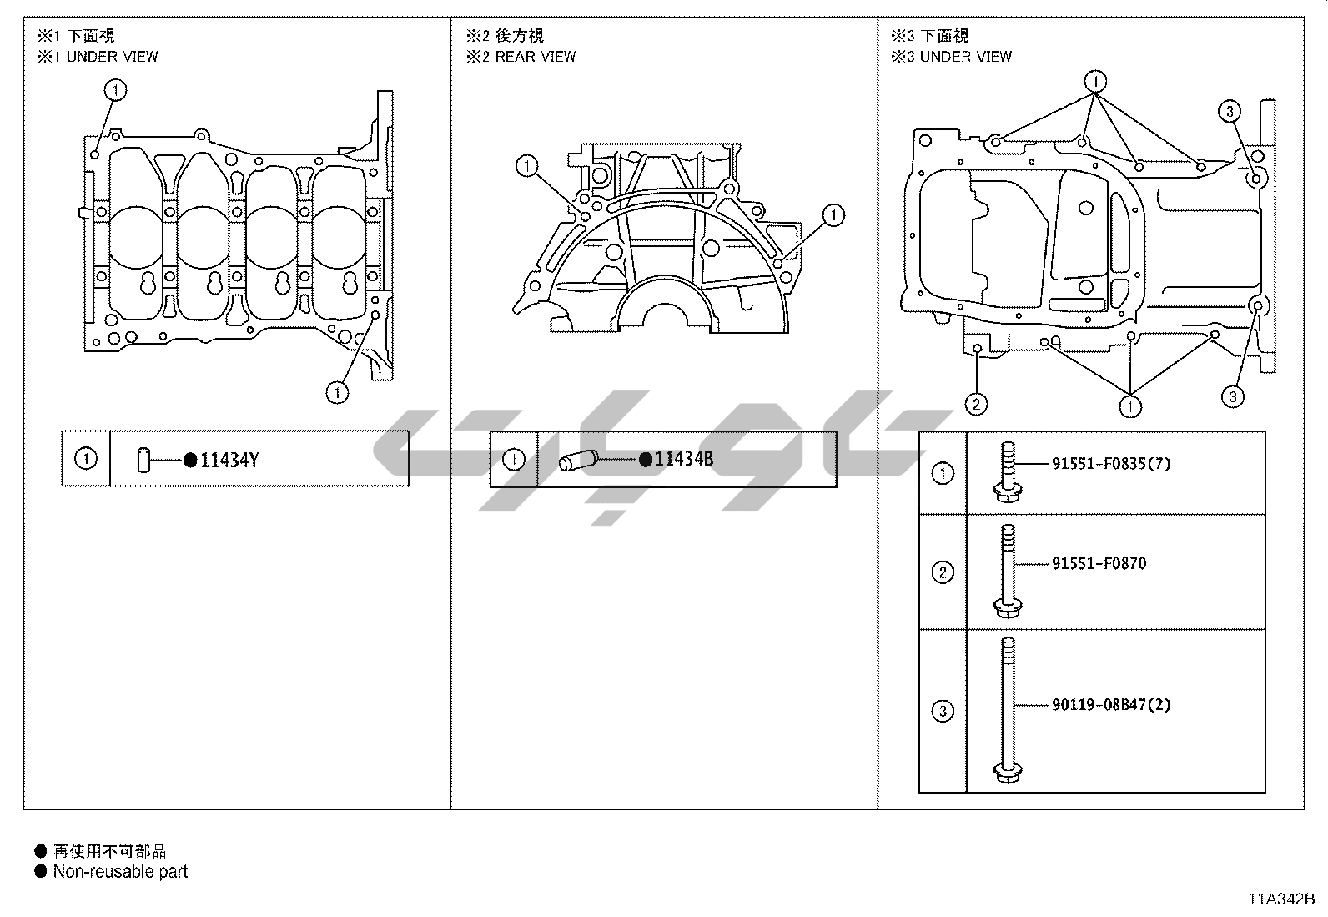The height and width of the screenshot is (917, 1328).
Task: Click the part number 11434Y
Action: (229, 461)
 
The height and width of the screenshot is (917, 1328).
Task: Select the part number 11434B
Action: (684, 459)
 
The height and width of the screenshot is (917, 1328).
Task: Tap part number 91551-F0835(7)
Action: (1112, 463)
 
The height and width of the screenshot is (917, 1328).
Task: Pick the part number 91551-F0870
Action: (1099, 563)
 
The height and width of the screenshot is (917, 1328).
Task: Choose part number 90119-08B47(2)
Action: (1112, 705)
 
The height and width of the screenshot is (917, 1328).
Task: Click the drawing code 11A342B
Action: (1281, 899)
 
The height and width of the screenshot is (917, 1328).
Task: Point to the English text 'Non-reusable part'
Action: (120, 871)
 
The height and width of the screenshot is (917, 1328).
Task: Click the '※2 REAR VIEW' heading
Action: (521, 57)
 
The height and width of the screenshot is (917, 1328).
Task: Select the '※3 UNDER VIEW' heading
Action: (951, 57)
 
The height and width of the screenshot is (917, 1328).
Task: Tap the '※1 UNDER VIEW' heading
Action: (98, 57)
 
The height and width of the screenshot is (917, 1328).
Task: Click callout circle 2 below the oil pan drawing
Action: (977, 405)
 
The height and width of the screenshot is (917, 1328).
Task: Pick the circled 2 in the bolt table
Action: (943, 572)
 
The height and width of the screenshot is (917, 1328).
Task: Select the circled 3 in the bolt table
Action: (943, 711)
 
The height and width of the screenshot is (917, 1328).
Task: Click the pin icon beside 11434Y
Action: (143, 461)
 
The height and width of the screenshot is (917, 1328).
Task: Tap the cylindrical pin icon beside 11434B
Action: (578, 461)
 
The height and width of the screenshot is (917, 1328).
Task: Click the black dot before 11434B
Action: (646, 460)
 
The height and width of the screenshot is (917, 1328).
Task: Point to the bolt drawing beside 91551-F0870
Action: (1008, 572)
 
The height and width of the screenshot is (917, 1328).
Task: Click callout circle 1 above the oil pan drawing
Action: (1095, 81)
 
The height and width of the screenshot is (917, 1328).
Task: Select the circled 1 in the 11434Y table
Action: (86, 459)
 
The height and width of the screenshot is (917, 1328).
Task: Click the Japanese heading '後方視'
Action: (520, 36)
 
